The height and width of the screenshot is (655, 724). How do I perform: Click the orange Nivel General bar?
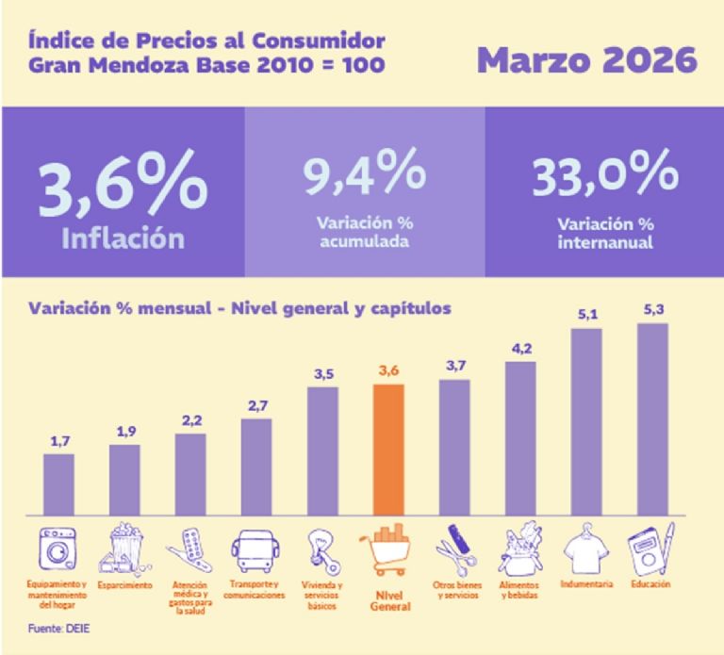[x=388, y=450]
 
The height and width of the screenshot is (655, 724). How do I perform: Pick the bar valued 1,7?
[x=58, y=484]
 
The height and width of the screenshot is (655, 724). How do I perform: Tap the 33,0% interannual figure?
[x=604, y=173]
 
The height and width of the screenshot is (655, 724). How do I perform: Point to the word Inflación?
[x=123, y=238]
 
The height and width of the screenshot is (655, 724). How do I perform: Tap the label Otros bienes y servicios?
[x=454, y=590]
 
